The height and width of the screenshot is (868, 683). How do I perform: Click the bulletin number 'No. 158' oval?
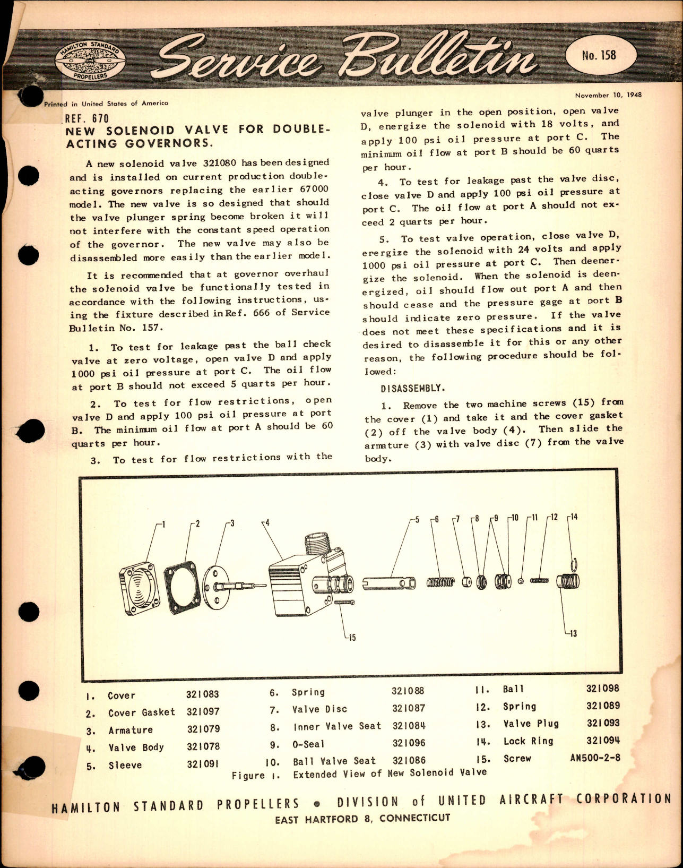pos(599,55)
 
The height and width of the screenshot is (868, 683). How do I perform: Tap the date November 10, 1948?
pos(608,95)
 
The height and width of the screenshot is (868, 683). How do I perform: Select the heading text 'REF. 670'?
pos(86,119)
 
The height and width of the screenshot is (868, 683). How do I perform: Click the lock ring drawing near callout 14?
pos(575,564)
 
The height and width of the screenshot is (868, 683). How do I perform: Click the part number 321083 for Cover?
pos(202,694)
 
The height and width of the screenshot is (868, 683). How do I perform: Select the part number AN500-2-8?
pos(594,758)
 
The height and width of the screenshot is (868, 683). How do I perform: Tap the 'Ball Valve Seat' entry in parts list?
pos(334,761)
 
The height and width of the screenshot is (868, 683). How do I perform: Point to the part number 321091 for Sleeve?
pos(203,764)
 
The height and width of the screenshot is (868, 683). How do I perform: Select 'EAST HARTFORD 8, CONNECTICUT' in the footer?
pos(362,819)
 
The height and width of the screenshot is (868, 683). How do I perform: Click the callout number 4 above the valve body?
pos(267,522)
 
